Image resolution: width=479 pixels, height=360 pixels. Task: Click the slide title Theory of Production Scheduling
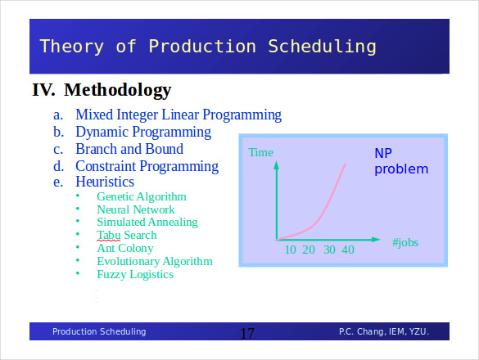click(207, 46)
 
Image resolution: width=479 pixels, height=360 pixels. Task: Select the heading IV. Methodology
click(102, 90)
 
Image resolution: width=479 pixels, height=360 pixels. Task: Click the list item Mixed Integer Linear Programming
click(178, 115)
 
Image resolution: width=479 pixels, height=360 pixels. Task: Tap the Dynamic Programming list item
click(142, 132)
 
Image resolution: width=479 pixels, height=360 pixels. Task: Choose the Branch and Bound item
click(129, 149)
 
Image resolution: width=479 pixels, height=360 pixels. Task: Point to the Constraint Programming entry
click(147, 166)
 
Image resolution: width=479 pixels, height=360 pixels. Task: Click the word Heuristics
click(105, 182)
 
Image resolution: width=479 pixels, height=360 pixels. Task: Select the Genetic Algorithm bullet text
click(141, 196)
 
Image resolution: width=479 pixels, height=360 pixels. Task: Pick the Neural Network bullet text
click(135, 209)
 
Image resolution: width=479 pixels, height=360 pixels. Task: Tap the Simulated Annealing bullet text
click(147, 222)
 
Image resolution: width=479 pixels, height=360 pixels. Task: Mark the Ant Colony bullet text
click(124, 248)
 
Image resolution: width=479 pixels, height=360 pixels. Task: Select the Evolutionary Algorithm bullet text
click(154, 262)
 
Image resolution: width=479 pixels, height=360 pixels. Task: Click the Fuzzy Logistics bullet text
click(134, 275)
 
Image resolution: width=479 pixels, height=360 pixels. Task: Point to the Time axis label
click(260, 152)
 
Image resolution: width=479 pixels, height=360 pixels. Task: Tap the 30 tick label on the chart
click(329, 250)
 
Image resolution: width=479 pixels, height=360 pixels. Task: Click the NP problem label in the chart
click(401, 162)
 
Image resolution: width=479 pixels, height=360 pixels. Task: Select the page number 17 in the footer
click(247, 333)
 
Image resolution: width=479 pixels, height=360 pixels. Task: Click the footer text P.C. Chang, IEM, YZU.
click(383, 331)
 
